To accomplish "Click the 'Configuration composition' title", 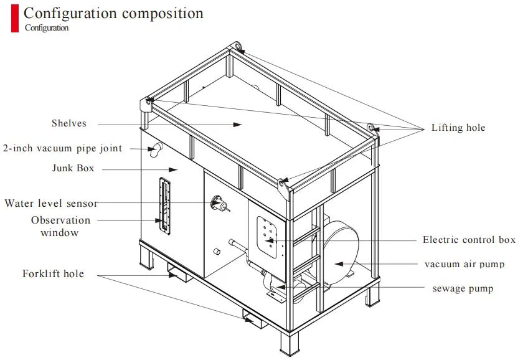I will pyautogui.click(x=113, y=13).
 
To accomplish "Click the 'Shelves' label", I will pyautogui.click(x=68, y=123).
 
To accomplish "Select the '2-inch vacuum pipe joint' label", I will pyautogui.click(x=63, y=148).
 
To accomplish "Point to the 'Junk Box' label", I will pyautogui.click(x=73, y=168).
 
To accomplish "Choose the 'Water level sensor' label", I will pyautogui.click(x=50, y=203).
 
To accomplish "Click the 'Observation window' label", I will pyautogui.click(x=60, y=226).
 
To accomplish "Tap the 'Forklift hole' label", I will pyautogui.click(x=53, y=273).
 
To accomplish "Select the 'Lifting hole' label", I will pyautogui.click(x=458, y=128).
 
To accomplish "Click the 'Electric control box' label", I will pyautogui.click(x=469, y=240).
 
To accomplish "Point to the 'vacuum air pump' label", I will pyautogui.click(x=464, y=264).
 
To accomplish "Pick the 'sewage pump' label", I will pyautogui.click(x=463, y=288).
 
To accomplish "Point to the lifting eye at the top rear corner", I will pyautogui.click(x=236, y=46).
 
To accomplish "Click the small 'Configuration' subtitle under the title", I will pyautogui.click(x=47, y=28).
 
